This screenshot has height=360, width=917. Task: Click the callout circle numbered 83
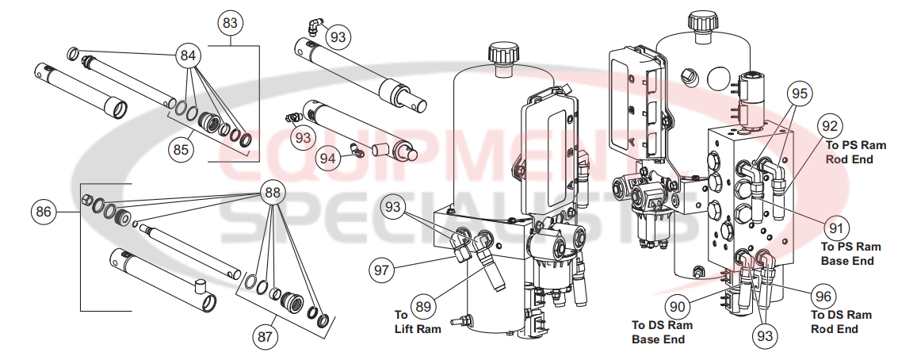pyautogui.click(x=230, y=24)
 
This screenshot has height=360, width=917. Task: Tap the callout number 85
pyautogui.click(x=181, y=147)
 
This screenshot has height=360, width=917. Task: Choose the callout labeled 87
pyautogui.click(x=266, y=336)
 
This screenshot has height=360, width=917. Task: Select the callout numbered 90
pyautogui.click(x=678, y=302)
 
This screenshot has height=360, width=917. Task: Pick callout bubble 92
pyautogui.click(x=828, y=126)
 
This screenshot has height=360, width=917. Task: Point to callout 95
pyautogui.click(x=800, y=94)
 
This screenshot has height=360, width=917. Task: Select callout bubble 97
pyautogui.click(x=384, y=269)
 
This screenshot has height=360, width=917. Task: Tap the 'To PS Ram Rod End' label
pyautogui.click(x=855, y=152)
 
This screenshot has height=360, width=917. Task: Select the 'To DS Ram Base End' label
pyautogui.click(x=661, y=332)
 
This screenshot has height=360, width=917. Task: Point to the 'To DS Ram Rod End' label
pyautogui.click(x=840, y=322)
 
